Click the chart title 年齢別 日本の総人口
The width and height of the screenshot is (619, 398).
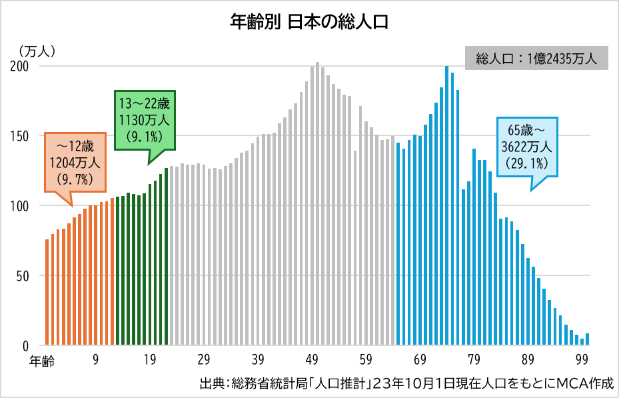pos(309,21)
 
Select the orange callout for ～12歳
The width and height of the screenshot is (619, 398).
pos(75,162)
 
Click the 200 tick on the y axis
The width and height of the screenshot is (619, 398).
pos(20,67)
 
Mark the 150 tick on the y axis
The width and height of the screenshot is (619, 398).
pos(20,136)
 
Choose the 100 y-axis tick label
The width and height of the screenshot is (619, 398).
pos(20,206)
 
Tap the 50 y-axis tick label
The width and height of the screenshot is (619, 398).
pos(23,275)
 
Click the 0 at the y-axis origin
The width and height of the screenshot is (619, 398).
pos(25,345)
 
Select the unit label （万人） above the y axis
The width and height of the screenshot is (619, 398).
pos(37,50)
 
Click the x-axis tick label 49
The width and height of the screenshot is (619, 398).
pos(311,360)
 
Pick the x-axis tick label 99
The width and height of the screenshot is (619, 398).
pos(582,360)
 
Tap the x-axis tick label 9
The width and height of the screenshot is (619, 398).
pos(96,360)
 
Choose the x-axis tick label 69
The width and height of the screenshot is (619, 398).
pos(419,360)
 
